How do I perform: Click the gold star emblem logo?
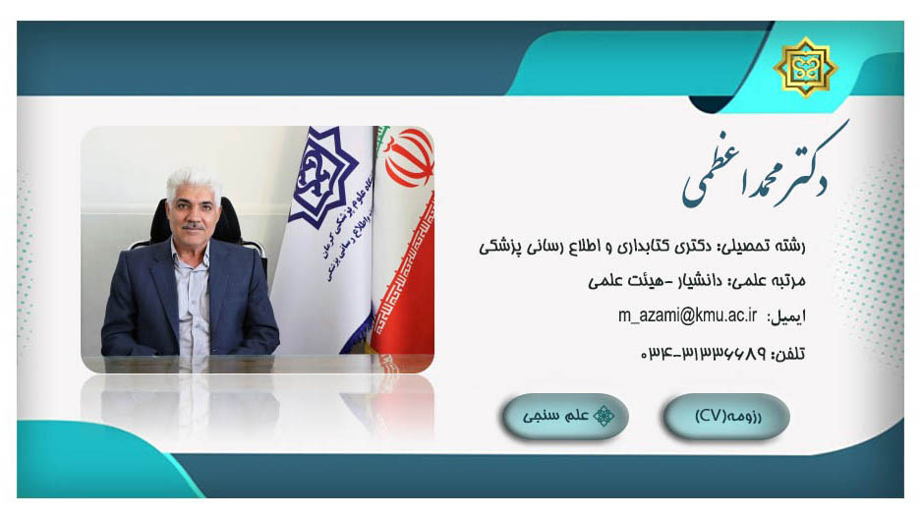pyautogui.click(x=805, y=67)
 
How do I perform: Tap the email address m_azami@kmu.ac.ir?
pyautogui.click(x=687, y=315)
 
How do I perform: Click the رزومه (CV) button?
pyautogui.click(x=726, y=416)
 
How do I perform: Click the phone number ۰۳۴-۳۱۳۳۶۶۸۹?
pyautogui.click(x=703, y=353)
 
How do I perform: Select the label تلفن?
pyautogui.click(x=789, y=355)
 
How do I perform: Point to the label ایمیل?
pyautogui.click(x=786, y=317)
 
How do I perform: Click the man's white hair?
pyautogui.click(x=194, y=181)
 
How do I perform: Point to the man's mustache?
pyautogui.click(x=193, y=226)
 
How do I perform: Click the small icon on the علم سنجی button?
pyautogui.click(x=604, y=416)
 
